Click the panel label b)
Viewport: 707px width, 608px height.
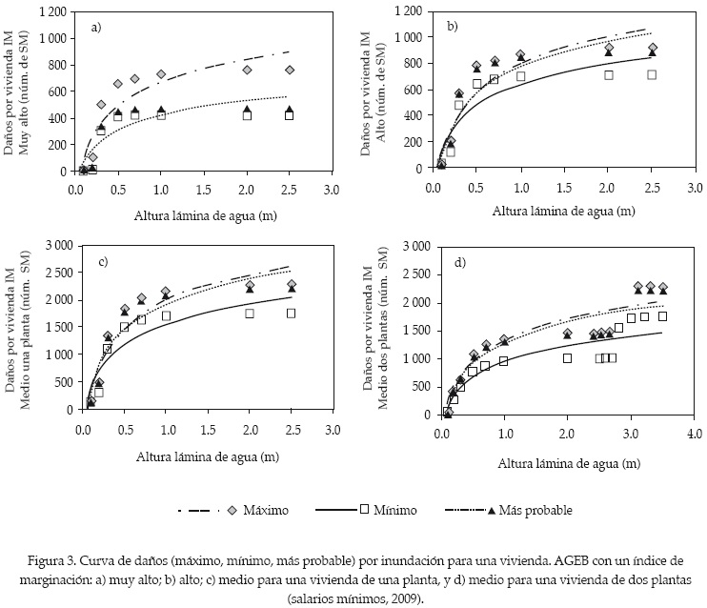tap(453, 26)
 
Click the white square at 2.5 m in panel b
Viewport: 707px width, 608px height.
tap(652, 74)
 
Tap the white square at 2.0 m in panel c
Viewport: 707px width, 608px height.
tap(250, 313)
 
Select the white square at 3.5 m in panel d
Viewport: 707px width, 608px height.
tap(662, 315)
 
